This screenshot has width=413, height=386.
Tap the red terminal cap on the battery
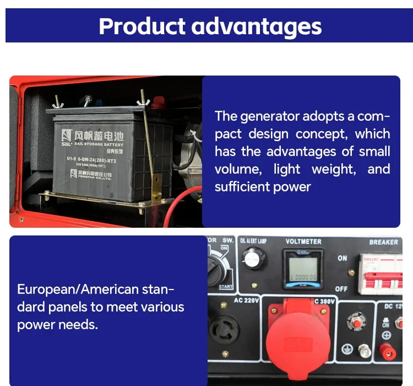(x=160, y=102)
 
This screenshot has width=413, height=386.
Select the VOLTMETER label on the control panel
(x=303, y=242)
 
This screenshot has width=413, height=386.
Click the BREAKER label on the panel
(x=383, y=242)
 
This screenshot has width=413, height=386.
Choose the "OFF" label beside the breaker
(x=341, y=289)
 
